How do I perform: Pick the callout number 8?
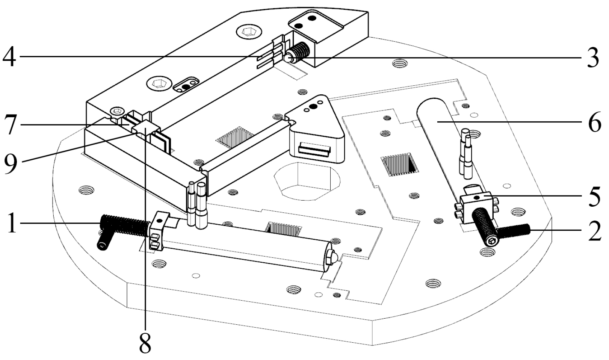coord(145,342)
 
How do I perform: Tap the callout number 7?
coord(10,125)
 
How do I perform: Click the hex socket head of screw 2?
coord(491,241)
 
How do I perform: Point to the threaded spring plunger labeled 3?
coord(299,53)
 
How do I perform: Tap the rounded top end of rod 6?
coord(432,107)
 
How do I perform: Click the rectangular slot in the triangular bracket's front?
coord(314,149)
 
